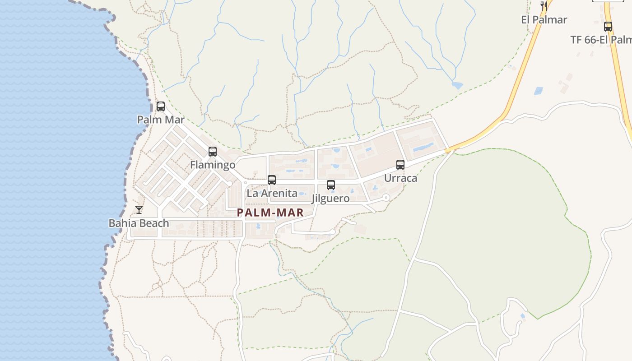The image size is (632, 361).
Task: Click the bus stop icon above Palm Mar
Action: pyautogui.click(x=161, y=106)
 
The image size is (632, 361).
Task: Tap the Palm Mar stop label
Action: pyautogui.click(x=161, y=120)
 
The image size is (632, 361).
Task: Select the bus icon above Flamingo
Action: pyautogui.click(x=213, y=152)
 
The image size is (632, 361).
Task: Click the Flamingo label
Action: pyautogui.click(x=213, y=165)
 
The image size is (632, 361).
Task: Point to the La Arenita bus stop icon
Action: pyautogui.click(x=272, y=180)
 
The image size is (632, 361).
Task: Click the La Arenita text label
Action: pyautogui.click(x=272, y=193)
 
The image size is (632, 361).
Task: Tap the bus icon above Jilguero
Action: pyautogui.click(x=331, y=185)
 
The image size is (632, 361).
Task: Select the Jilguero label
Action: pyautogui.click(x=331, y=199)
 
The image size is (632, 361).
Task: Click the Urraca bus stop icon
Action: pyautogui.click(x=400, y=165)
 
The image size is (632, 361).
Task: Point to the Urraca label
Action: pyautogui.click(x=400, y=178)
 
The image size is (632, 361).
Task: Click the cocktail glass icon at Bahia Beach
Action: pyautogui.click(x=139, y=210)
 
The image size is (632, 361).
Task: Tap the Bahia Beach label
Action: pyautogui.click(x=139, y=223)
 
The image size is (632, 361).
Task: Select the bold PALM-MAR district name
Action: pyautogui.click(x=270, y=213)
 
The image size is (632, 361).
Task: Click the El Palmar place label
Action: pyautogui.click(x=544, y=19)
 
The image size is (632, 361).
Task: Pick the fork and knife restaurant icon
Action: pyautogui.click(x=544, y=6)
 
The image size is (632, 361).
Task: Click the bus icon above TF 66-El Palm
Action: pyautogui.click(x=608, y=27)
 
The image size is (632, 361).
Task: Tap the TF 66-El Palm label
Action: pyautogui.click(x=601, y=40)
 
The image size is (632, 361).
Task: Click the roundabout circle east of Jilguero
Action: pyautogui.click(x=386, y=197)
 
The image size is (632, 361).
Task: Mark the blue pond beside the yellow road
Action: pyautogui.click(x=538, y=91)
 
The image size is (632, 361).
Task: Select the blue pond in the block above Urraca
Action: pyautogui.click(x=423, y=147)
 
